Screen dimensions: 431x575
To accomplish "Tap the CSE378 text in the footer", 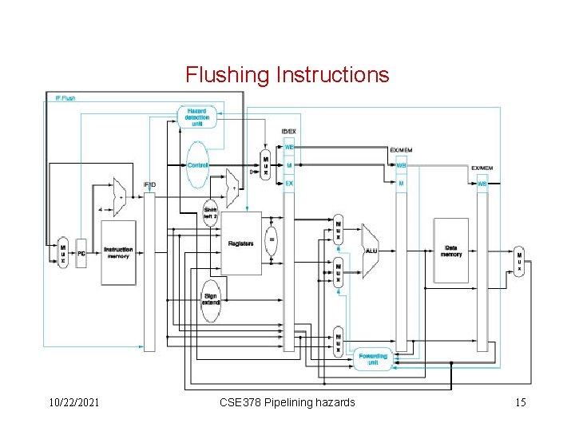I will coord(240,402).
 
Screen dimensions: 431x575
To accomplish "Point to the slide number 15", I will coord(520,402).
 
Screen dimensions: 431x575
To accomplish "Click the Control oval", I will coord(197,165).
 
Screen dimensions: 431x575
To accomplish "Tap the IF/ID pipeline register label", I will coord(149,185).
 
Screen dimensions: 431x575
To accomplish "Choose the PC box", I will coord(81,253).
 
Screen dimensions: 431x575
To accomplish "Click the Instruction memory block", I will coord(118,252).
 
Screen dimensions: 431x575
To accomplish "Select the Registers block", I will coord(240,243).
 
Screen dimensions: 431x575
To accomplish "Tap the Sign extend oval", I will coord(211,300).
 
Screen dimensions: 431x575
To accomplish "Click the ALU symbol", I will coord(371,249).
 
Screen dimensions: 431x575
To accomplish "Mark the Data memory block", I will coord(450,250).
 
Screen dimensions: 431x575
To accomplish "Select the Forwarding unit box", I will coord(372,358).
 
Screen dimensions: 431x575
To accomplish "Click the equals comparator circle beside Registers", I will coord(272,239).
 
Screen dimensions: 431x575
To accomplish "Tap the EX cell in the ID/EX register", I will coord(289,184).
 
